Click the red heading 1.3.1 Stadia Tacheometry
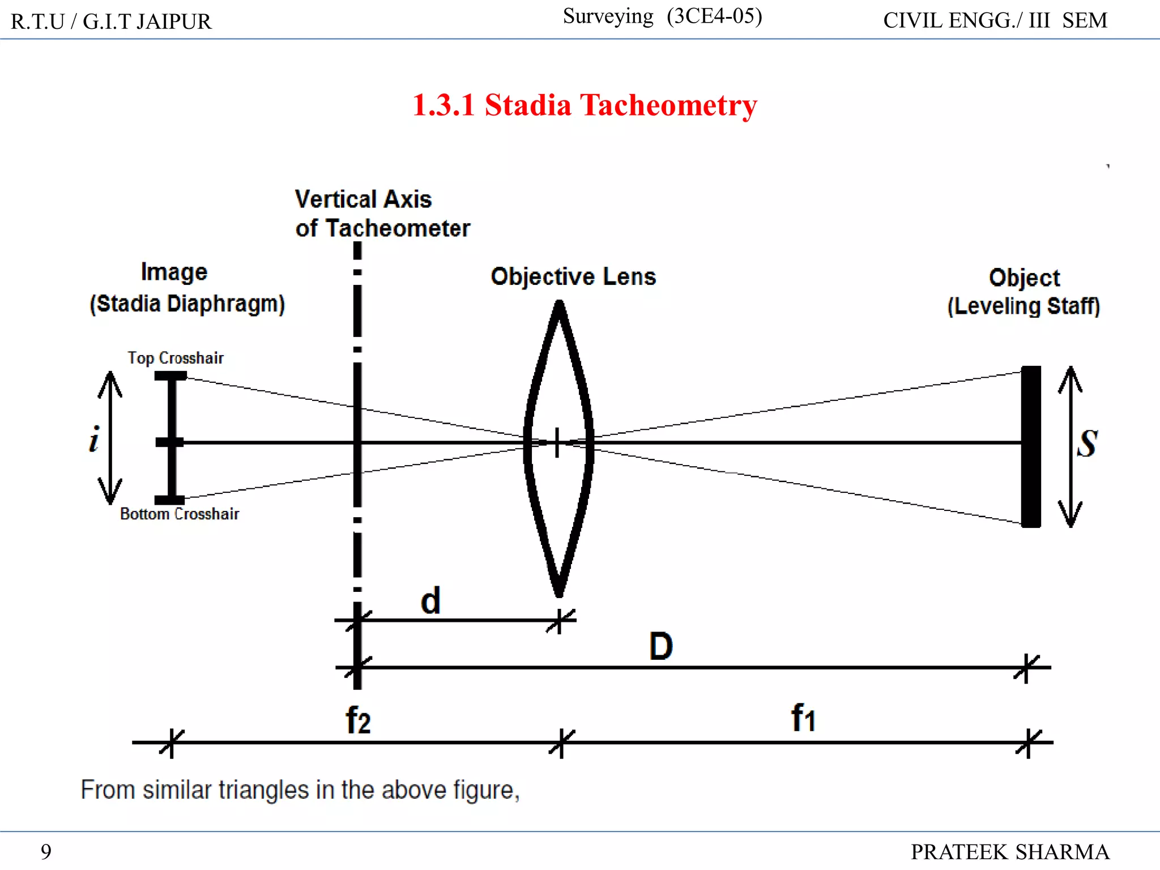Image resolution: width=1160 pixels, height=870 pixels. click(x=584, y=105)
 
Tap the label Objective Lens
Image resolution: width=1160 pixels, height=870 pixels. click(x=573, y=277)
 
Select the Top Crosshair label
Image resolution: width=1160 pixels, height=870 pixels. click(x=175, y=358)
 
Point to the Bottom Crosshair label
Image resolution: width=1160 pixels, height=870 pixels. click(x=179, y=514)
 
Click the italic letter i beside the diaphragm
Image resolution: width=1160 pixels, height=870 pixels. click(x=94, y=439)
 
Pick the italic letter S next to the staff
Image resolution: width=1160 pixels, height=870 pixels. click(x=1087, y=443)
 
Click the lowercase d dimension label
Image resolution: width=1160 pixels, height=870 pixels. click(x=430, y=601)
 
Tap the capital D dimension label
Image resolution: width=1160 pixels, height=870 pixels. click(x=660, y=646)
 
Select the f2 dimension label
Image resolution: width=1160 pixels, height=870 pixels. click(x=358, y=720)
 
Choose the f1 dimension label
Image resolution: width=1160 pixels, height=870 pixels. click(x=803, y=718)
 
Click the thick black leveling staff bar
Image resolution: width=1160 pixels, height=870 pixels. click(x=1030, y=446)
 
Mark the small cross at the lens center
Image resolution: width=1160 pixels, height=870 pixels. click(x=557, y=442)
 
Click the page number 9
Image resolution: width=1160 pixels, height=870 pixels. click(x=46, y=851)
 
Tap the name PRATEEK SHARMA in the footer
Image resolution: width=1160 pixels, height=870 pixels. click(x=1009, y=852)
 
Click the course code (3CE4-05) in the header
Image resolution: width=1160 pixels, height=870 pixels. click(x=714, y=16)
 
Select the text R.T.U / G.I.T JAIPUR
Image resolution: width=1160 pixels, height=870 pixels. click(x=111, y=22)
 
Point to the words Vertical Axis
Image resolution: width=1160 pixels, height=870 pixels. click(x=363, y=199)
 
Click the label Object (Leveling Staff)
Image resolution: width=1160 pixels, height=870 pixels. click(x=1023, y=292)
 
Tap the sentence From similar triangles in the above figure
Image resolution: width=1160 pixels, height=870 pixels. click(x=300, y=790)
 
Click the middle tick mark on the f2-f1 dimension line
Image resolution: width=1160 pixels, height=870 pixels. click(x=561, y=743)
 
